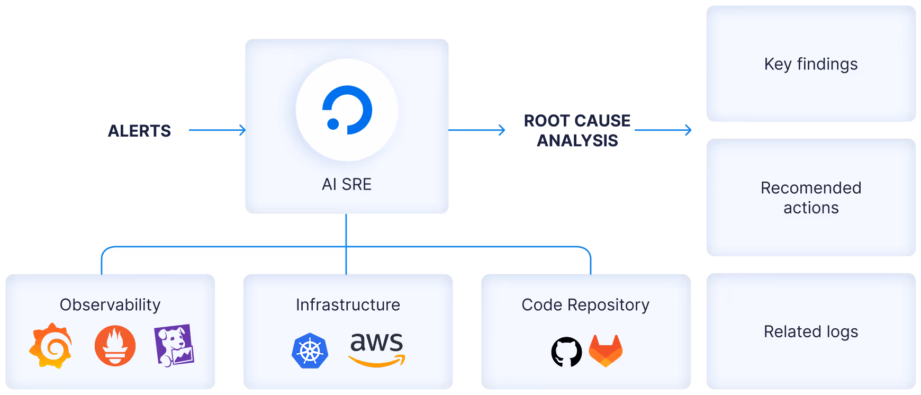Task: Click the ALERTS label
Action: click(139, 131)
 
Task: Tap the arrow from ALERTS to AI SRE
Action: click(217, 130)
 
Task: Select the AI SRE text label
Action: click(347, 184)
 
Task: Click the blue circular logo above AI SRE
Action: click(347, 110)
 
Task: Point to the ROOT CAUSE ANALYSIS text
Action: click(577, 130)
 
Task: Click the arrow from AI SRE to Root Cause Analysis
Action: click(477, 130)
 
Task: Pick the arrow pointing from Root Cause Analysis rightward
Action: click(663, 130)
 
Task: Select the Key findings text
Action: click(810, 64)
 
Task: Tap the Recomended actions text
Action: click(810, 197)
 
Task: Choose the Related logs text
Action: click(810, 331)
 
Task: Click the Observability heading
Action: click(110, 304)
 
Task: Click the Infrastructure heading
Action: click(348, 304)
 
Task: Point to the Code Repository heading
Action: click(585, 304)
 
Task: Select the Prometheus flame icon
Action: click(115, 346)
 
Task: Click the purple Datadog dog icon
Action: click(174, 345)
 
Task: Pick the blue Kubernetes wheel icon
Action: click(310, 351)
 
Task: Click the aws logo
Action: click(377, 348)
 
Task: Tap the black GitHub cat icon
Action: click(566, 352)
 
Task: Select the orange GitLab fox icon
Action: click(606, 351)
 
